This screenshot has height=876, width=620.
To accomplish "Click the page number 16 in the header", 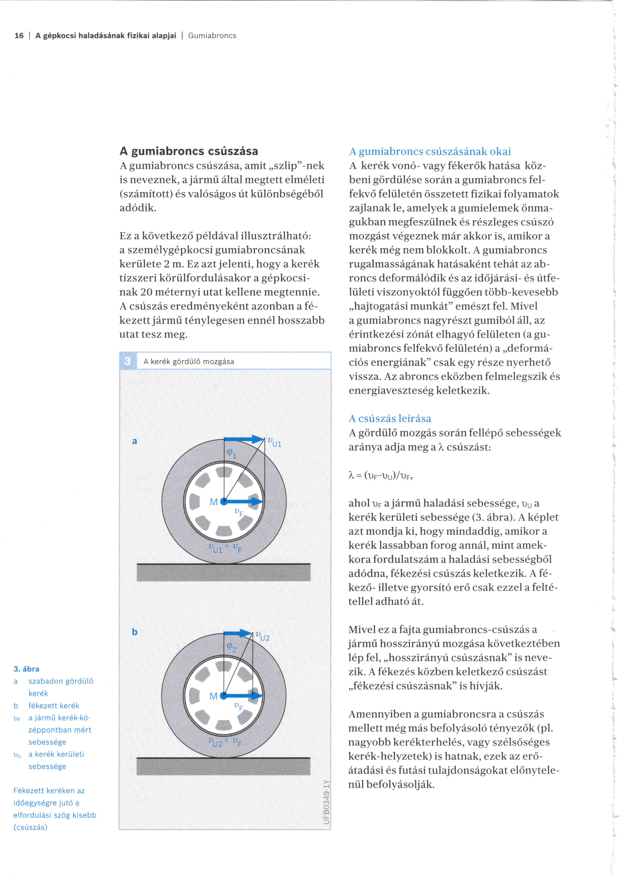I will click(19, 36).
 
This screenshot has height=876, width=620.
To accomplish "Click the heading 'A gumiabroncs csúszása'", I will click(188, 151).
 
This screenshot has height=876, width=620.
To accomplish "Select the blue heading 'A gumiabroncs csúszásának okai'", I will click(430, 151).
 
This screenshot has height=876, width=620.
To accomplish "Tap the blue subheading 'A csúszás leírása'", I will click(390, 419).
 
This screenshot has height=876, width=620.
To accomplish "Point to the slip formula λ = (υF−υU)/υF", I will click(381, 475).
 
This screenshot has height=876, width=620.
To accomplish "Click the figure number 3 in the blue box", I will click(127, 361).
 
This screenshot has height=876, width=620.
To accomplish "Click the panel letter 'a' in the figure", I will click(134, 441).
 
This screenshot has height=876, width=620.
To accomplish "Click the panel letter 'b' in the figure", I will click(134, 632).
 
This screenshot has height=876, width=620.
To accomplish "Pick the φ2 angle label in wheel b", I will click(231, 647).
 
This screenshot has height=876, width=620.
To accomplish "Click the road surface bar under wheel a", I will click(223, 572).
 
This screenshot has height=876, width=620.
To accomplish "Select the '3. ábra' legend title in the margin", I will click(26, 669).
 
